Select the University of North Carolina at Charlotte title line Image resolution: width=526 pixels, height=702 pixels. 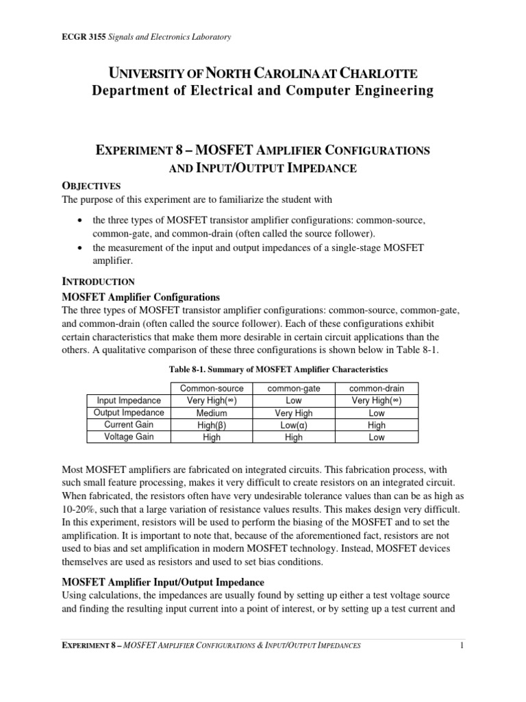[263, 73]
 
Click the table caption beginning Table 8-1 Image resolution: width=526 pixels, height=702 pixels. [263, 370]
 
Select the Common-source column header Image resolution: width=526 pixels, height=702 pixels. [212, 388]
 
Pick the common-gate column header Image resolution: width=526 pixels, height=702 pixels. [293, 388]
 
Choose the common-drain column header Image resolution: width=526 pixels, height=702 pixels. [377, 388]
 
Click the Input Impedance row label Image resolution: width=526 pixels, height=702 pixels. [129, 400]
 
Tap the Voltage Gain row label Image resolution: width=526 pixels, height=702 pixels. [129, 437]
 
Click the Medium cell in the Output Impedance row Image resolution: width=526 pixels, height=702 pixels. [212, 413]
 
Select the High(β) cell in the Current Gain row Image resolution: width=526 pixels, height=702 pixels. [212, 425]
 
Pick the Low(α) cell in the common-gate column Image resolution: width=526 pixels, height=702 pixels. [293, 425]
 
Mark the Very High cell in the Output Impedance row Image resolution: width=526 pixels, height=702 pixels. [293, 413]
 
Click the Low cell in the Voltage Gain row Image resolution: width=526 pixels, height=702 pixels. [377, 437]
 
